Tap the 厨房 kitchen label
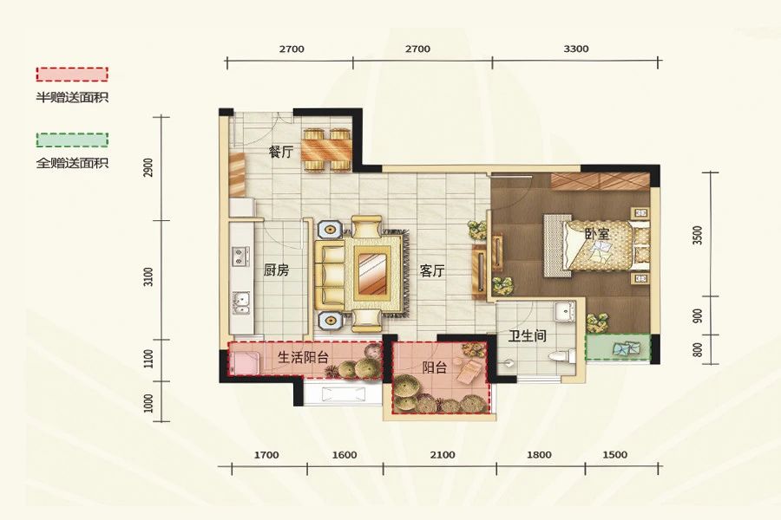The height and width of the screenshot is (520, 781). [x=276, y=270]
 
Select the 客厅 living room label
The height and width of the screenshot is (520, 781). [x=432, y=270]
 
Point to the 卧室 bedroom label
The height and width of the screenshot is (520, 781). [x=595, y=234]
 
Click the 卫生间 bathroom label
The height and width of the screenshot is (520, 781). [x=528, y=335]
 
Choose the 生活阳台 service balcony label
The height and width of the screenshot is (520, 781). [x=303, y=357]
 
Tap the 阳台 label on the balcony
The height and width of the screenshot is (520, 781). [x=435, y=367]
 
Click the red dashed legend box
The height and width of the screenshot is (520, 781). [x=72, y=75]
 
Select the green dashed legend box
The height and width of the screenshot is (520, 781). [x=72, y=140]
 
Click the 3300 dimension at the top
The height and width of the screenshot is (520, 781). [x=576, y=49]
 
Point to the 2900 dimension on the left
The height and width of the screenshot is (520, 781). [x=149, y=168]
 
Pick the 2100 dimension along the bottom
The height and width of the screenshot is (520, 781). [x=442, y=455]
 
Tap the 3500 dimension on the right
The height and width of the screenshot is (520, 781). [x=697, y=236]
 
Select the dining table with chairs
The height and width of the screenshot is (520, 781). [x=327, y=150]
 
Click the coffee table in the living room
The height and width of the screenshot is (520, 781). [x=373, y=272]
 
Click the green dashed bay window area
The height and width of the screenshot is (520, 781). [x=617, y=348]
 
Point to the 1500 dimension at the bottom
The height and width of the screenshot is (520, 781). [x=614, y=455]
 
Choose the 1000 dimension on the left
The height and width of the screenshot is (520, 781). [x=149, y=402]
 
